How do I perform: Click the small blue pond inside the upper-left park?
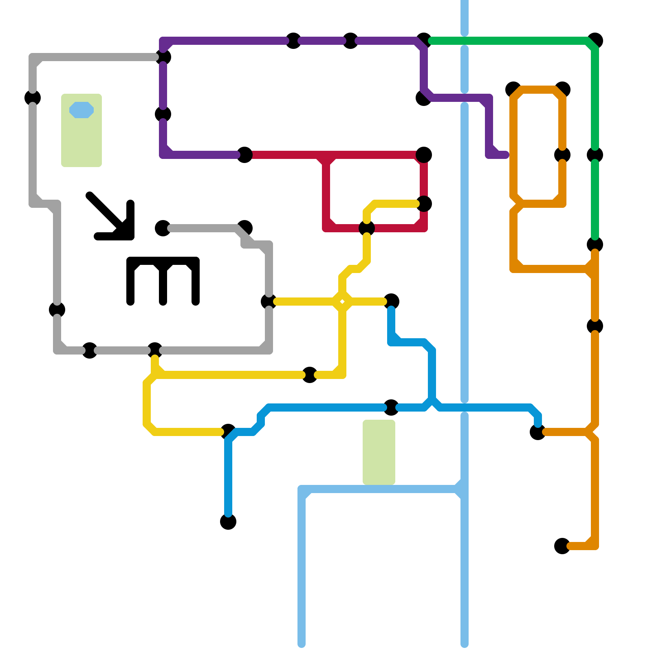tap(81, 110)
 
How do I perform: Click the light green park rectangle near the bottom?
tap(379, 452)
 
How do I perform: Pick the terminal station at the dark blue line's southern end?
tap(228, 522)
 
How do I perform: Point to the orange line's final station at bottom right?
tap(562, 546)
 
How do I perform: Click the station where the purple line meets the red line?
tap(244, 155)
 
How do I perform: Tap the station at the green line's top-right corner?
tap(595, 41)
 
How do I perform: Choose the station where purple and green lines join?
tap(424, 41)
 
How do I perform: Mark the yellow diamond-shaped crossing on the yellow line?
tap(342, 302)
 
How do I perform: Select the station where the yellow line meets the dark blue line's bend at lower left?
tap(228, 432)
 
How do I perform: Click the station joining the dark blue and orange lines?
tap(538, 432)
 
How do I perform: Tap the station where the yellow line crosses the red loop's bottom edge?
tap(367, 228)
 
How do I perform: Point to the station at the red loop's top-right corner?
tap(424, 155)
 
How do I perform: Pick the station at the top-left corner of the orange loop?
tap(513, 90)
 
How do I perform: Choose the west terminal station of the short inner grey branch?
tap(163, 228)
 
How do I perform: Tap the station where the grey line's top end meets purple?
tap(163, 57)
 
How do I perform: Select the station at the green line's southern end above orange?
tap(595, 244)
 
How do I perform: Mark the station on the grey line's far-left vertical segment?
tap(33, 98)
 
